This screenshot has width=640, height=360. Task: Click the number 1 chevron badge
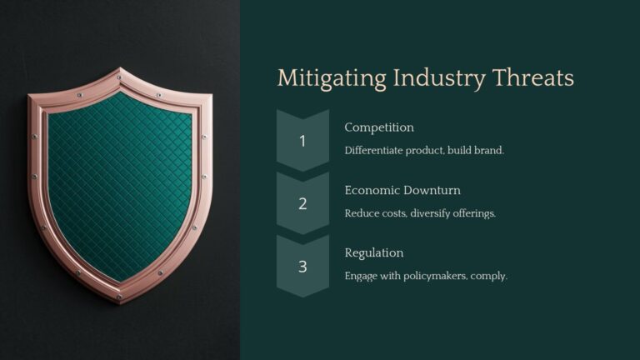tap(302, 140)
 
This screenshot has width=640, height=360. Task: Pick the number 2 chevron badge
tap(302, 203)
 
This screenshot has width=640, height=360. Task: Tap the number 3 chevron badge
tap(302, 266)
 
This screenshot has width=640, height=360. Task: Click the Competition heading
tap(379, 127)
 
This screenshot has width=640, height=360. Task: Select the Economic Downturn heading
tap(402, 190)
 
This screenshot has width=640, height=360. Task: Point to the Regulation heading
tap(374, 252)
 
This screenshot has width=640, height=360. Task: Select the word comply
tap(490, 276)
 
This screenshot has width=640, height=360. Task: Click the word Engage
tap(361, 275)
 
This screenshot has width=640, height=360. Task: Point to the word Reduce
tap(361, 212)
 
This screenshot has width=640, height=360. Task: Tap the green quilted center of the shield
tap(119, 179)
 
